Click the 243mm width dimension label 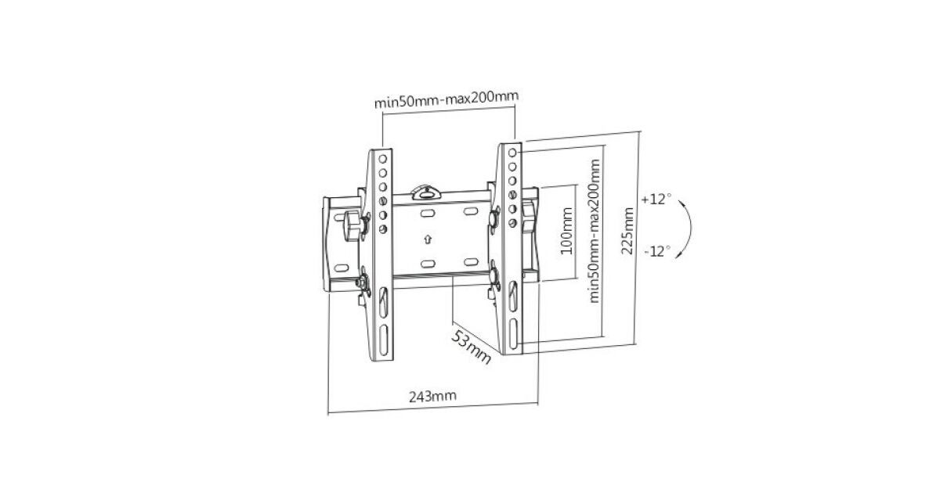click(x=432, y=396)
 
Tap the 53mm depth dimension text click(x=471, y=347)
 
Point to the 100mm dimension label click(x=566, y=231)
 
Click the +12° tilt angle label click(x=656, y=199)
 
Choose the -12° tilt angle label click(x=657, y=251)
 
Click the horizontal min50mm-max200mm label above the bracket click(x=446, y=99)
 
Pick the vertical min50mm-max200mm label click(x=595, y=231)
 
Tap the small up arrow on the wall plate click(x=428, y=239)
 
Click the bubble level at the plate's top click(x=426, y=192)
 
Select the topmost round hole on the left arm click(x=383, y=160)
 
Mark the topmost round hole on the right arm click(x=512, y=153)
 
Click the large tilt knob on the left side click(x=352, y=225)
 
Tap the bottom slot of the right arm click(x=514, y=333)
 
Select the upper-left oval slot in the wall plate click(x=428, y=214)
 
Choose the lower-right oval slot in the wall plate click(x=471, y=262)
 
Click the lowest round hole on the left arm click(x=383, y=229)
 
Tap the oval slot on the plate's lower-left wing click(x=342, y=268)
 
